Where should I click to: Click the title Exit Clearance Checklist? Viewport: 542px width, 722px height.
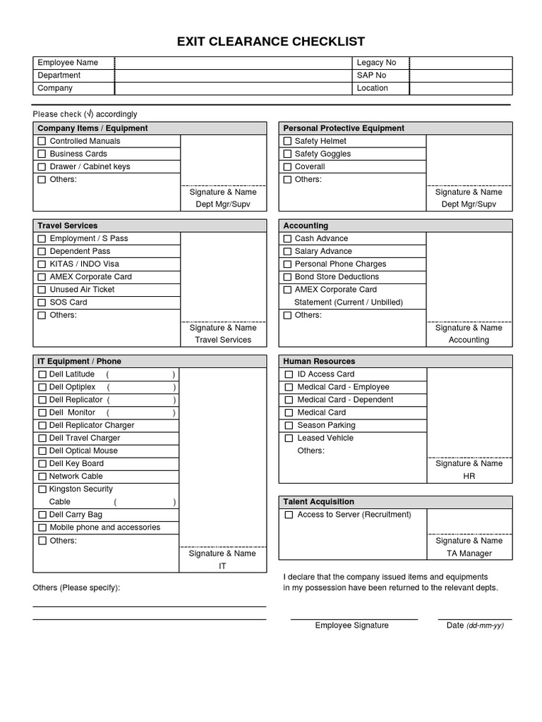(x=271, y=42)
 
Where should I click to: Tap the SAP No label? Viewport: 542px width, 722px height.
(x=371, y=75)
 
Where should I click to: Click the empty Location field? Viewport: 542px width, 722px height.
(x=460, y=88)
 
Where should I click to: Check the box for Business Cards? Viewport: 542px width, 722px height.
(x=42, y=154)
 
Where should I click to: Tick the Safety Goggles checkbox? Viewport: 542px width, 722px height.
(x=287, y=154)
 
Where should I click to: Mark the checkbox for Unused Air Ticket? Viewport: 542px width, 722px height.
(x=42, y=290)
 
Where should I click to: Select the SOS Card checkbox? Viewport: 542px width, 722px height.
(x=42, y=302)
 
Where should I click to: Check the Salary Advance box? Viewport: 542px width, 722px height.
(x=287, y=252)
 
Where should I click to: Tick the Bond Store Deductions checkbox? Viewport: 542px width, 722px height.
(x=287, y=277)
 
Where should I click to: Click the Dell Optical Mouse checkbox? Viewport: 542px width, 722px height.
(x=42, y=451)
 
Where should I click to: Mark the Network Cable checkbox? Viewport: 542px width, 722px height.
(x=42, y=477)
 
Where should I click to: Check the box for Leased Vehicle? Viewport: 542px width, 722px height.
(x=289, y=439)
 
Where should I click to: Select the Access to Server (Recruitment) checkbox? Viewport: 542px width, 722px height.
(x=289, y=515)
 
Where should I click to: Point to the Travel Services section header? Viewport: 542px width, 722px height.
(x=67, y=226)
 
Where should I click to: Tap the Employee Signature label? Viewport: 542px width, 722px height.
(x=351, y=625)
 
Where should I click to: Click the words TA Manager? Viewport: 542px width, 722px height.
(x=469, y=553)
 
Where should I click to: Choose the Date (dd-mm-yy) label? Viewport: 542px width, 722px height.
(x=474, y=625)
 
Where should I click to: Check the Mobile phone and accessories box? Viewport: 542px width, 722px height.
(x=42, y=528)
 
